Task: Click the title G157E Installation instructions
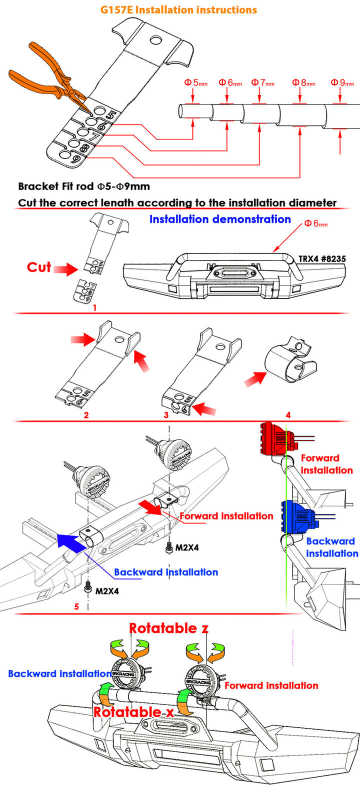(178, 9)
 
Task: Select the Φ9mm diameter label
(342, 82)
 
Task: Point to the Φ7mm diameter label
(262, 82)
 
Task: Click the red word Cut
(39, 267)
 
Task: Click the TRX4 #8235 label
(322, 258)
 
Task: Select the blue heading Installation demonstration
(220, 219)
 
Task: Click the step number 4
(288, 414)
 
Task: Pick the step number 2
(86, 414)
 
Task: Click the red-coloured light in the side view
(273, 438)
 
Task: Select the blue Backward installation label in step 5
(166, 572)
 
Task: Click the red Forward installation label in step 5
(226, 516)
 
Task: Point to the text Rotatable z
(168, 628)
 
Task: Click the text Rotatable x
(133, 712)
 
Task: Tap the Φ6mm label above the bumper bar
(316, 223)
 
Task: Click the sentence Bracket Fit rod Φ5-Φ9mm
(84, 186)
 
